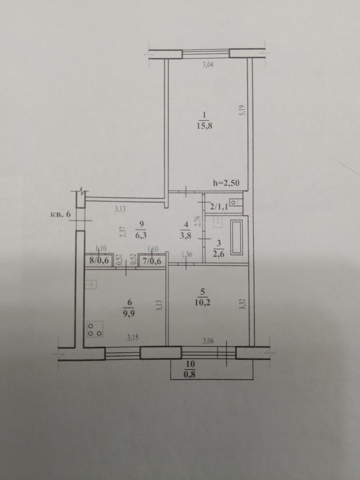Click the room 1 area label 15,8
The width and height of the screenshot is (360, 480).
[204, 126]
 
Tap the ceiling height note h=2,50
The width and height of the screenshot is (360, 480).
[226, 183]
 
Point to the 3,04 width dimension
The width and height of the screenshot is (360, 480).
[208, 65]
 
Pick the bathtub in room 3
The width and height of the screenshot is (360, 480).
[236, 237]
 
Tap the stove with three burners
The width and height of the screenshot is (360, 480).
[95, 329]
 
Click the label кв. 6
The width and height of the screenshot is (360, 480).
[61, 214]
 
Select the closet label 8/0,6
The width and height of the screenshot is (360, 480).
[99, 261]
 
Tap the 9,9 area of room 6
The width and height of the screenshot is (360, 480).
[130, 314]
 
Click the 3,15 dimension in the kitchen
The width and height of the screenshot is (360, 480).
[133, 338]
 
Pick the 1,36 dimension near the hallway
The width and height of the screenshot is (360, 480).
[186, 254]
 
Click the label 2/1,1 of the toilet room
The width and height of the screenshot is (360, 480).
[219, 207]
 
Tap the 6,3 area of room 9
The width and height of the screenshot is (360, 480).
[141, 236]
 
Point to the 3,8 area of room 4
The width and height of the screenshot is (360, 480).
[186, 236]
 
